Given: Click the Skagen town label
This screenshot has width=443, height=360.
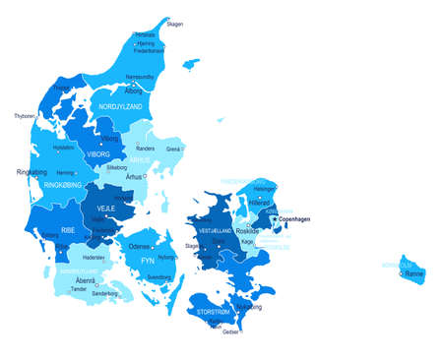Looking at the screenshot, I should pyautogui.click(x=174, y=24).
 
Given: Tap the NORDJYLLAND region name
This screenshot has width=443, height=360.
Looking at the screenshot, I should pyautogui.click(x=121, y=103).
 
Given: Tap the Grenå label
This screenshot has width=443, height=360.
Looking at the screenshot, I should pyautogui.click(x=173, y=150).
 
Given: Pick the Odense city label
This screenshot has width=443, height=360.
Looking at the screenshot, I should pyautogui.click(x=140, y=246).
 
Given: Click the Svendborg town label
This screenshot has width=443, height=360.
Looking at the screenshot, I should pyautogui.click(x=159, y=278).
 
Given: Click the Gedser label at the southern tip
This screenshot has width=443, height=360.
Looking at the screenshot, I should pyautogui.click(x=229, y=332).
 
